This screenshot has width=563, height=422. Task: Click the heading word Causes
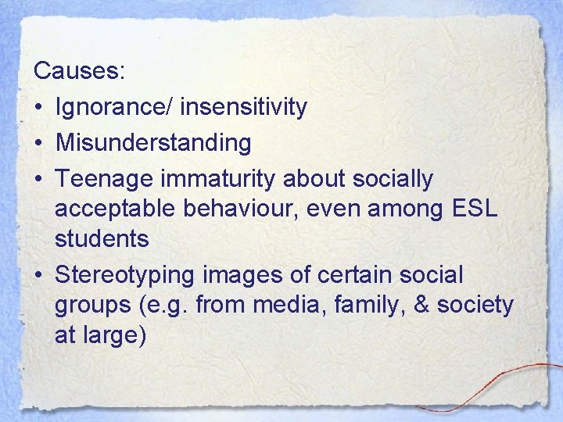(x=78, y=71)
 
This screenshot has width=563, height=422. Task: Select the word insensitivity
(x=243, y=107)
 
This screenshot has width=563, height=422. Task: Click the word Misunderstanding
(x=153, y=143)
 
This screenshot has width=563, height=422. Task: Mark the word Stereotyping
(x=127, y=275)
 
